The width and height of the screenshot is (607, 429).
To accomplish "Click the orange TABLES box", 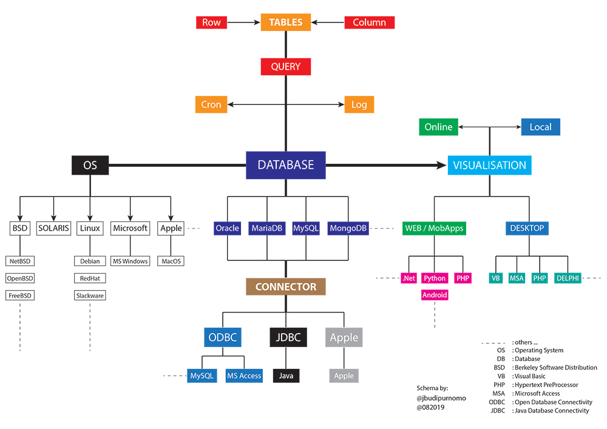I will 285,22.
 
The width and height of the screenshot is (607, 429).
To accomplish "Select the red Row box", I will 211,22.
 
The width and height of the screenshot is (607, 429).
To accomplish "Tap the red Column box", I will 369,22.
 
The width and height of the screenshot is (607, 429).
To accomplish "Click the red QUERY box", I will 285,66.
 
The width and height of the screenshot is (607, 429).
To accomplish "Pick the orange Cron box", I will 211,104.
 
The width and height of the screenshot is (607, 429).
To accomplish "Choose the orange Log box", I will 359,104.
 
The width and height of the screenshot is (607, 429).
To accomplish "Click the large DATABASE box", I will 285,165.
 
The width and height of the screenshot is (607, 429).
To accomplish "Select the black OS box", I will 90,165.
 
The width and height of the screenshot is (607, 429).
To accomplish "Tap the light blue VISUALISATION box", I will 490,165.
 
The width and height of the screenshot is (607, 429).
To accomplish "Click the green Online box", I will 438,127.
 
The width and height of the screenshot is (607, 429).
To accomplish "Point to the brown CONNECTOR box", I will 285,286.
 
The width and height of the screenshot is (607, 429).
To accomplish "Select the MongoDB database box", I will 348,228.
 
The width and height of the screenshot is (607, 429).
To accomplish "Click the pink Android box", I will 435,295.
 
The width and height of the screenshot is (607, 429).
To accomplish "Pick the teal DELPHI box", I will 568,278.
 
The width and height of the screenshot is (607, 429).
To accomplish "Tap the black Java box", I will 286,376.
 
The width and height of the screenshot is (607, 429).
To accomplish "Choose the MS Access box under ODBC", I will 244,376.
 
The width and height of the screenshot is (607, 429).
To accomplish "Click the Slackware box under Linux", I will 90,296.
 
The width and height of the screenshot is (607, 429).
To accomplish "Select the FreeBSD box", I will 20,296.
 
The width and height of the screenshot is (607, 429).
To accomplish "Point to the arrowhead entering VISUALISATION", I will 441,165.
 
